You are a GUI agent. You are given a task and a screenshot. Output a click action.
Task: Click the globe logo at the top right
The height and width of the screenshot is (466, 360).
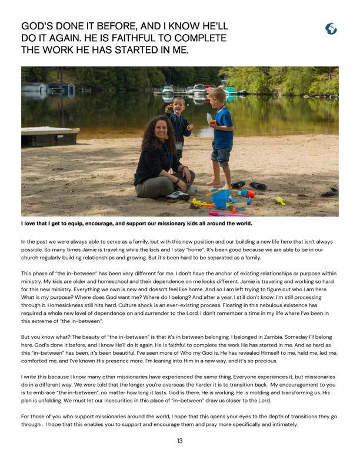coord(331,28)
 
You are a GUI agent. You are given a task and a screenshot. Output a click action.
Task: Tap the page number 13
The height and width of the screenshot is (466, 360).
coord(180,441)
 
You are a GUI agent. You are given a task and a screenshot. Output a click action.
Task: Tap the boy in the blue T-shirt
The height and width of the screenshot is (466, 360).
coord(222,135)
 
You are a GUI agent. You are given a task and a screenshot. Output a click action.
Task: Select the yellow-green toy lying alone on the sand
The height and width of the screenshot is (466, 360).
coord(281,201)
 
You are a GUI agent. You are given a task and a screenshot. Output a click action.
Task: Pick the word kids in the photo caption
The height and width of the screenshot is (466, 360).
coord(194,223)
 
